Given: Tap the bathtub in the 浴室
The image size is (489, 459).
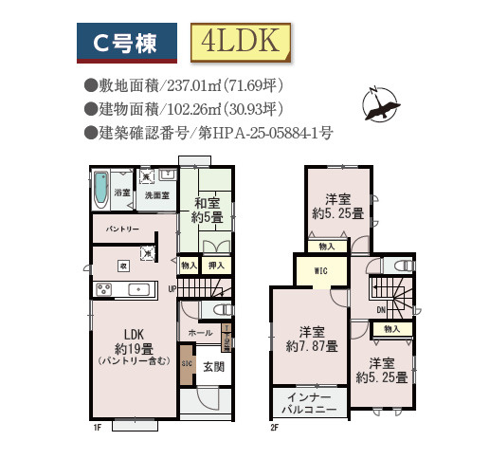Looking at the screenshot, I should (102, 191).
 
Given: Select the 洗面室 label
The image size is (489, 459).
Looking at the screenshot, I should (156, 195).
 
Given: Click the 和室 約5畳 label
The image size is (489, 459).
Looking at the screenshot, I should (208, 210).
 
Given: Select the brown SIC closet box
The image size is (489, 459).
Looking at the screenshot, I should (187, 364).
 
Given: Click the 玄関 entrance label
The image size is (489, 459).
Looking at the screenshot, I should (213, 367).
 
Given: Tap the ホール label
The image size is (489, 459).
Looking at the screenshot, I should (200, 333).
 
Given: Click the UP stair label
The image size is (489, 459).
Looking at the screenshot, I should (172, 288).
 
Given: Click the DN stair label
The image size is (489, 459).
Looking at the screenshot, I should (380, 310).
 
